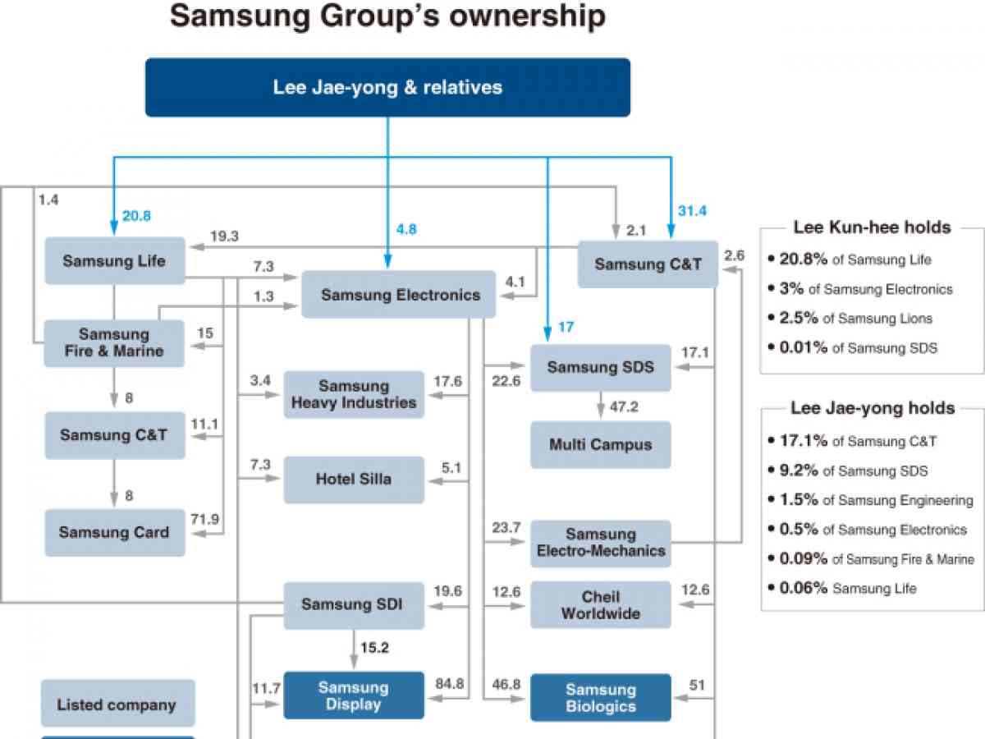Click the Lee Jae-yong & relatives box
(x=387, y=87)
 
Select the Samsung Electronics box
(x=399, y=294)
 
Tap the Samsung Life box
(x=114, y=261)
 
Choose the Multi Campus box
(x=600, y=445)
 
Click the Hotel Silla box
(x=354, y=480)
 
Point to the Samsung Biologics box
(x=600, y=698)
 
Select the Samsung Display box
(x=354, y=695)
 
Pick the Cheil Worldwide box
(x=600, y=605)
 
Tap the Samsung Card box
(x=114, y=532)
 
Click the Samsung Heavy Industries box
(x=354, y=394)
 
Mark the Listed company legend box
(x=117, y=704)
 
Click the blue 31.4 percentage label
(x=692, y=211)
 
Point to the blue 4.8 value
(x=405, y=230)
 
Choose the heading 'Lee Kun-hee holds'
(x=872, y=227)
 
